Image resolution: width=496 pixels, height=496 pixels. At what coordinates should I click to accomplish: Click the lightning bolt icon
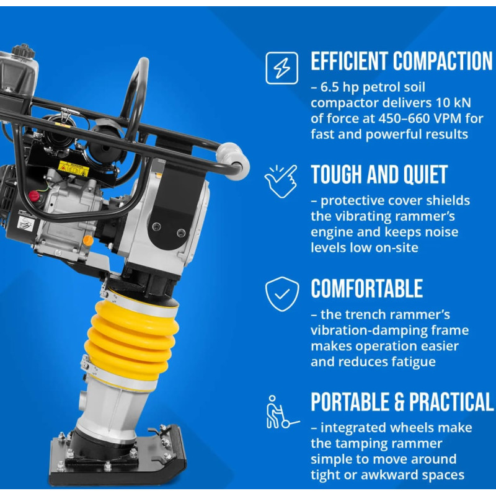click(282, 68)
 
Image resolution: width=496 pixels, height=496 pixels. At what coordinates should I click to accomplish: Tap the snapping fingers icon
click(281, 181)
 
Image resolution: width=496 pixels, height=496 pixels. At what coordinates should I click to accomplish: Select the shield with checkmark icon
click(282, 294)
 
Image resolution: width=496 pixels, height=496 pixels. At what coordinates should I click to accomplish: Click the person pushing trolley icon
click(281, 412)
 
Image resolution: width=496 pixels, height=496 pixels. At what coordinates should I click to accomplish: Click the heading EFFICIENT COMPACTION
click(402, 61)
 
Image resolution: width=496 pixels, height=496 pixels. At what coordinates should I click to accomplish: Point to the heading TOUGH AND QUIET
click(379, 174)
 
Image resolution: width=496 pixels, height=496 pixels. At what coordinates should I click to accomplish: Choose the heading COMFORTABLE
click(366, 288)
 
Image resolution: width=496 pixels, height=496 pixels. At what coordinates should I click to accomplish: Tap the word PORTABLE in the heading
click(350, 402)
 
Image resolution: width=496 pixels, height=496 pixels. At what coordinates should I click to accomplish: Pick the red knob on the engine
click(35, 196)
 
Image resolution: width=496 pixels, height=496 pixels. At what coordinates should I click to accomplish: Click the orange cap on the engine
click(88, 241)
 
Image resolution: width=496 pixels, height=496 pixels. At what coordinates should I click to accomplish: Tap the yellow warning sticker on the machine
click(73, 169)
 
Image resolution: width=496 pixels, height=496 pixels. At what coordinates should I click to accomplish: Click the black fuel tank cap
click(23, 51)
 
